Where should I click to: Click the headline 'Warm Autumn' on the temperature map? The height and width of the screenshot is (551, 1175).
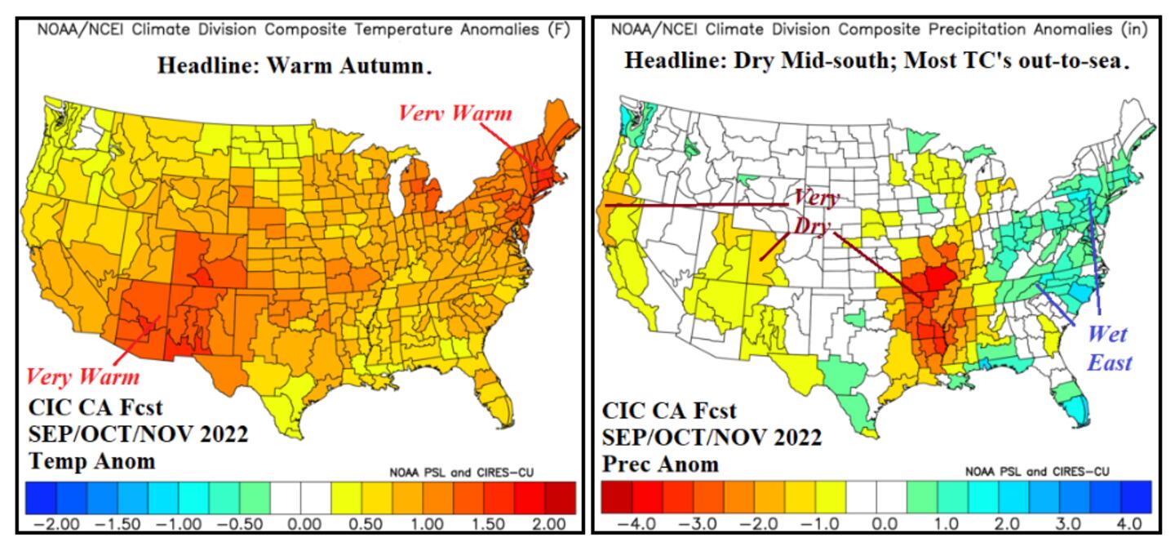click(294, 66)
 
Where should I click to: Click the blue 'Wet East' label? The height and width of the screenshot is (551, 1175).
click(1107, 347)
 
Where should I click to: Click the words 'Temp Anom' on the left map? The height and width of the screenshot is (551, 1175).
click(91, 461)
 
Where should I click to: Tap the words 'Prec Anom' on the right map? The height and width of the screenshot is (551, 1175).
click(660, 464)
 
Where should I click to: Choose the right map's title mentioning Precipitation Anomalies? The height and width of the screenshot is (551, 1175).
click(879, 30)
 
